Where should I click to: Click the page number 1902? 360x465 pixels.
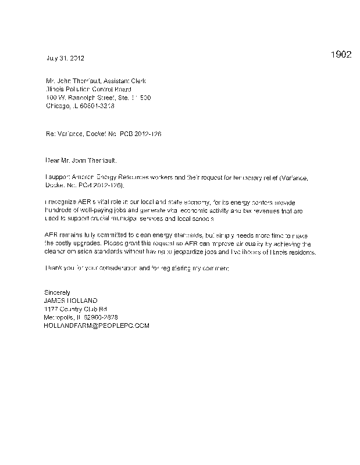[x=340, y=55]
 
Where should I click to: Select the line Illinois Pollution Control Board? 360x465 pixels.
[x=84, y=90]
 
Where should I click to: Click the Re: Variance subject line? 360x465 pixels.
[x=103, y=134]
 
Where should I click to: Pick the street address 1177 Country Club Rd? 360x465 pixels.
[x=76, y=309]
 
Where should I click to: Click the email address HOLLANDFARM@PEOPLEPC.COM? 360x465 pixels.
[x=97, y=325]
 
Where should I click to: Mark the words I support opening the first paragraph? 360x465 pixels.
[x=56, y=176]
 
